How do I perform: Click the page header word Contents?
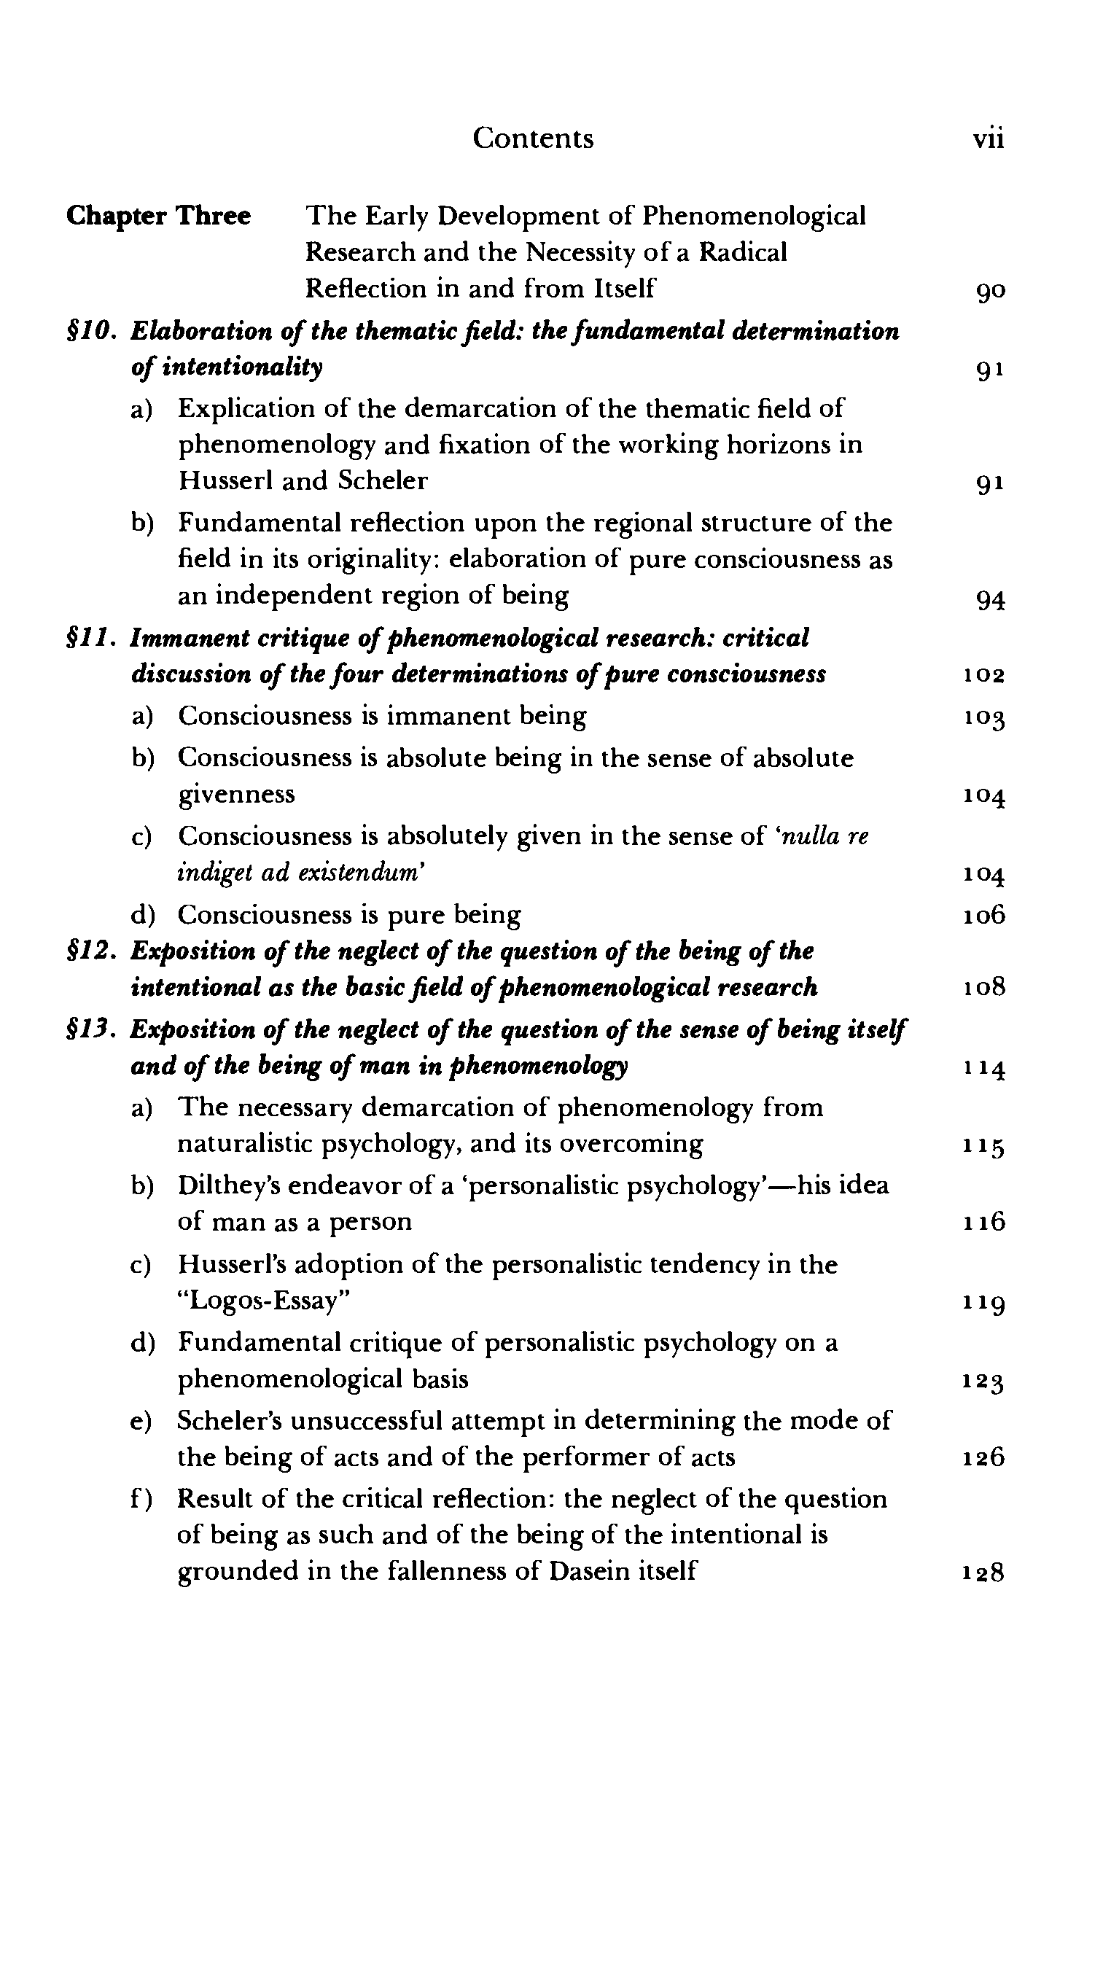click(533, 139)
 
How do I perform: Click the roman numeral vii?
click(988, 139)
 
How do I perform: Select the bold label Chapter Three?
click(159, 217)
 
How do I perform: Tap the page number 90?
click(989, 291)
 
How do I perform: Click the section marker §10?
click(91, 332)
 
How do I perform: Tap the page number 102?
click(984, 676)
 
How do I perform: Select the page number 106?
click(984, 915)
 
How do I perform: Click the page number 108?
click(984, 988)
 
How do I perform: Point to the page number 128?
click(984, 1572)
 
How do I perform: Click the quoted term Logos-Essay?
click(263, 1301)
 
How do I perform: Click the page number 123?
click(984, 1382)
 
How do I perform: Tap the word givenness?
click(236, 795)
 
